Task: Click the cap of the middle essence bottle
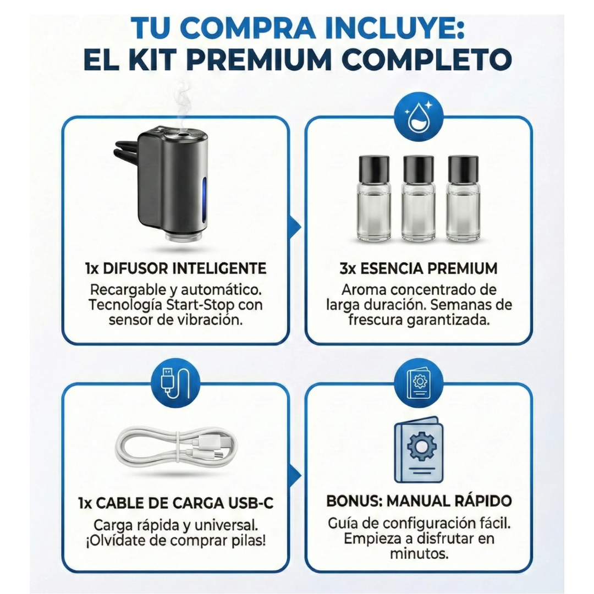point(419,169)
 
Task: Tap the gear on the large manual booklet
point(419,447)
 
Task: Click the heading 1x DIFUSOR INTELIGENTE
point(175,269)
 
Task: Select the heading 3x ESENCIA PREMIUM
point(419,269)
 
